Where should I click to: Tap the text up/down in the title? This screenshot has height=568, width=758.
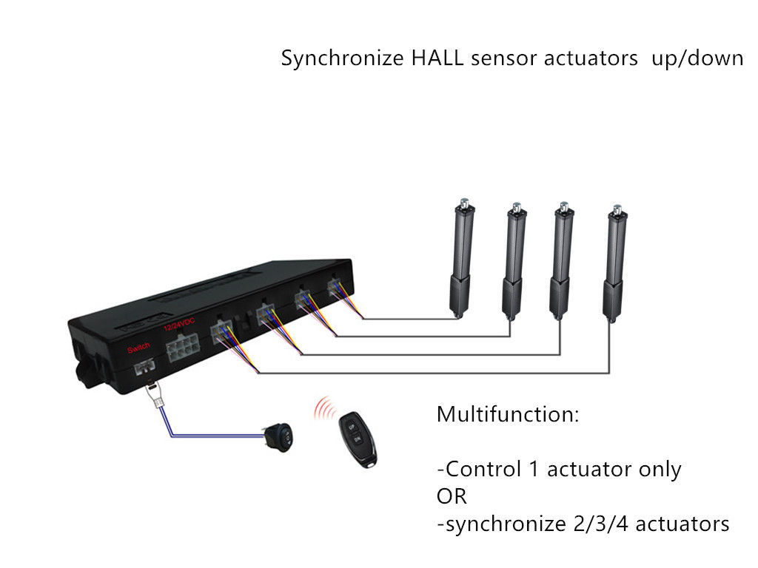(x=697, y=59)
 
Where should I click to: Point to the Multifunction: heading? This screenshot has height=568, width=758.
(x=508, y=414)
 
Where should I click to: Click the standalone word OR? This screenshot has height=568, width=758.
(x=452, y=496)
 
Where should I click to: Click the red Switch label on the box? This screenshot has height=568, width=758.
(x=138, y=348)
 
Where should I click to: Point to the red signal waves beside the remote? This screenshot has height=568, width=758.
(x=324, y=409)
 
